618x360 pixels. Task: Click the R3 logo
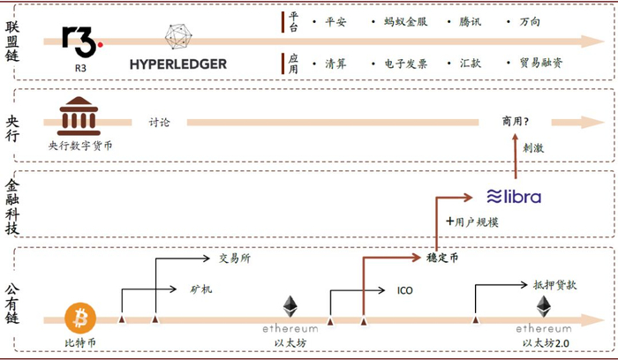[x=82, y=38]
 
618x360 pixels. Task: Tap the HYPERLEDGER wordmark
[x=178, y=64]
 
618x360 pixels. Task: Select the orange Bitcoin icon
[x=80, y=316]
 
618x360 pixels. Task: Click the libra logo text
[x=515, y=196]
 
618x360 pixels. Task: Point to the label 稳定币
[x=441, y=259]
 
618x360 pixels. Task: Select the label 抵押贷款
[x=554, y=285]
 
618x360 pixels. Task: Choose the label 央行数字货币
[x=80, y=143]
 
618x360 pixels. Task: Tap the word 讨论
[x=160, y=123]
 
